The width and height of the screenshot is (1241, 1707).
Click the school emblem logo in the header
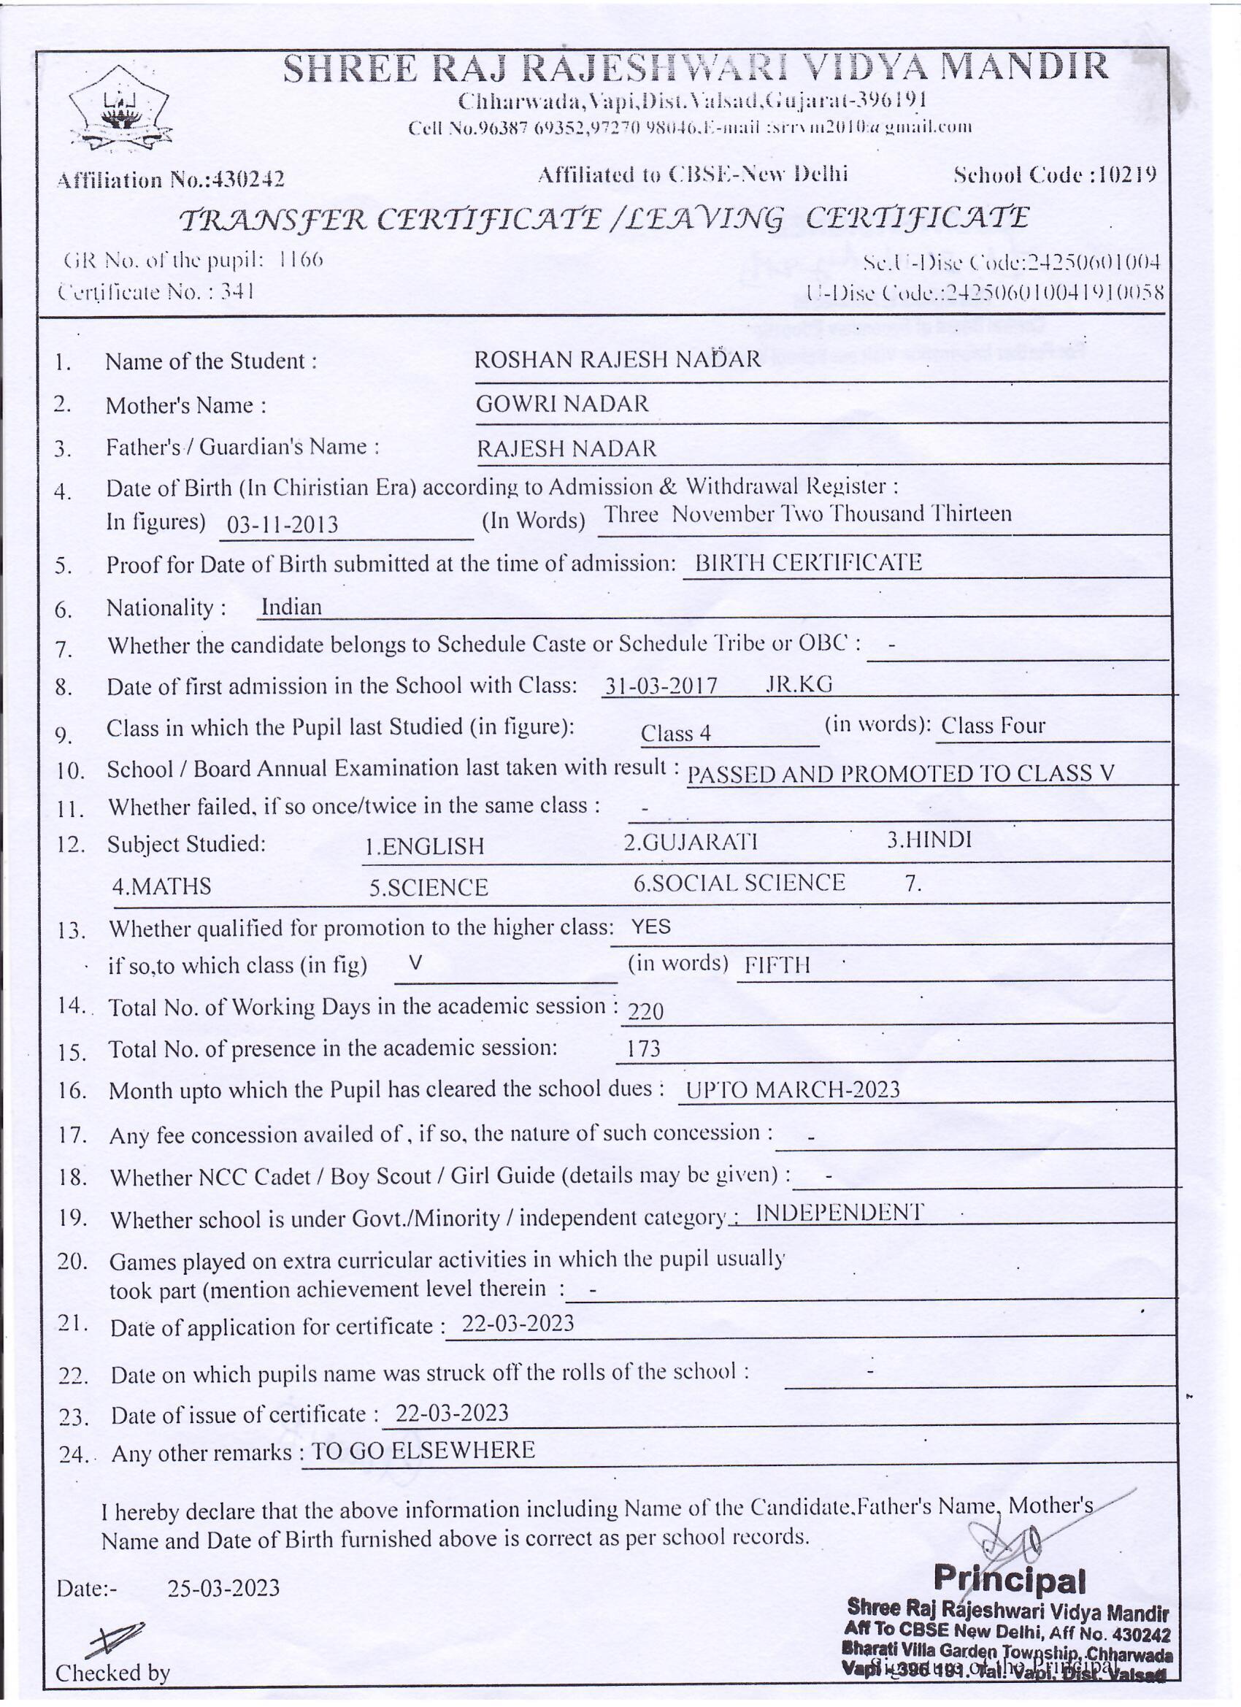pos(120,107)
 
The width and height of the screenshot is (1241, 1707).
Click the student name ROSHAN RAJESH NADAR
pos(617,359)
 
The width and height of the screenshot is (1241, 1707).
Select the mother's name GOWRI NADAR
pos(561,404)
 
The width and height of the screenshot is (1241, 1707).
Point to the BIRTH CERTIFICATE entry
pos(807,563)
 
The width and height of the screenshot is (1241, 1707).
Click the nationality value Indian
pos(291,607)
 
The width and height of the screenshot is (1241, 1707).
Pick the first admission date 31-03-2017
pos(661,686)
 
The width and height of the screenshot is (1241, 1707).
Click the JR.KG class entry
pos(799,684)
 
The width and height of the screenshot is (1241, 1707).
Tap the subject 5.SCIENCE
pos(429,888)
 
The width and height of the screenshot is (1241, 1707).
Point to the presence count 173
pos(642,1049)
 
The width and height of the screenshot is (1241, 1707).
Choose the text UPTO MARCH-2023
pos(793,1090)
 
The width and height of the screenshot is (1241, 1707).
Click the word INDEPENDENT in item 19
pos(839,1213)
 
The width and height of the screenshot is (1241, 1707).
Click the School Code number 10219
pos(1126,175)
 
